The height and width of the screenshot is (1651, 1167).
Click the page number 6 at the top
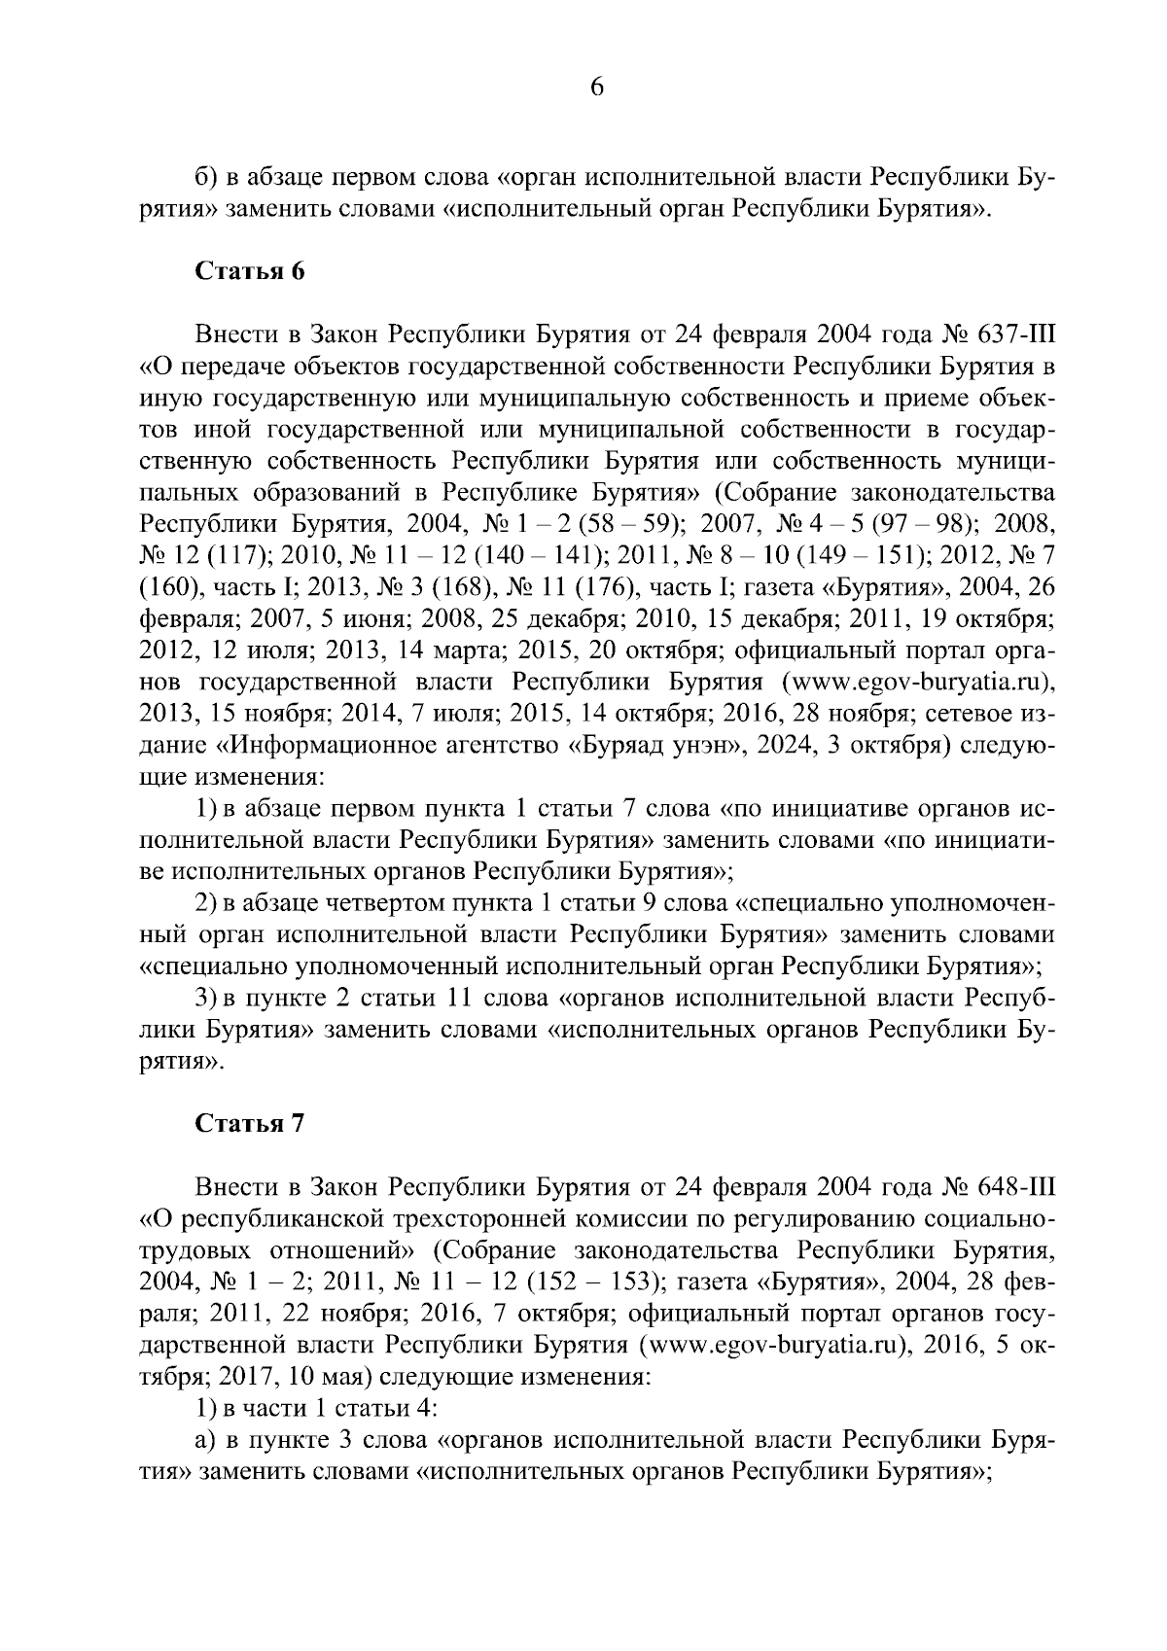coord(596,88)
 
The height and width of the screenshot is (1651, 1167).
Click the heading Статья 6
coord(251,271)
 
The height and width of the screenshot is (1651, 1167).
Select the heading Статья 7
coord(251,1124)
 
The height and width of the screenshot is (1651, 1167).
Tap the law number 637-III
coord(1011,335)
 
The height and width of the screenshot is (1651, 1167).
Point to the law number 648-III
coord(1011,1188)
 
